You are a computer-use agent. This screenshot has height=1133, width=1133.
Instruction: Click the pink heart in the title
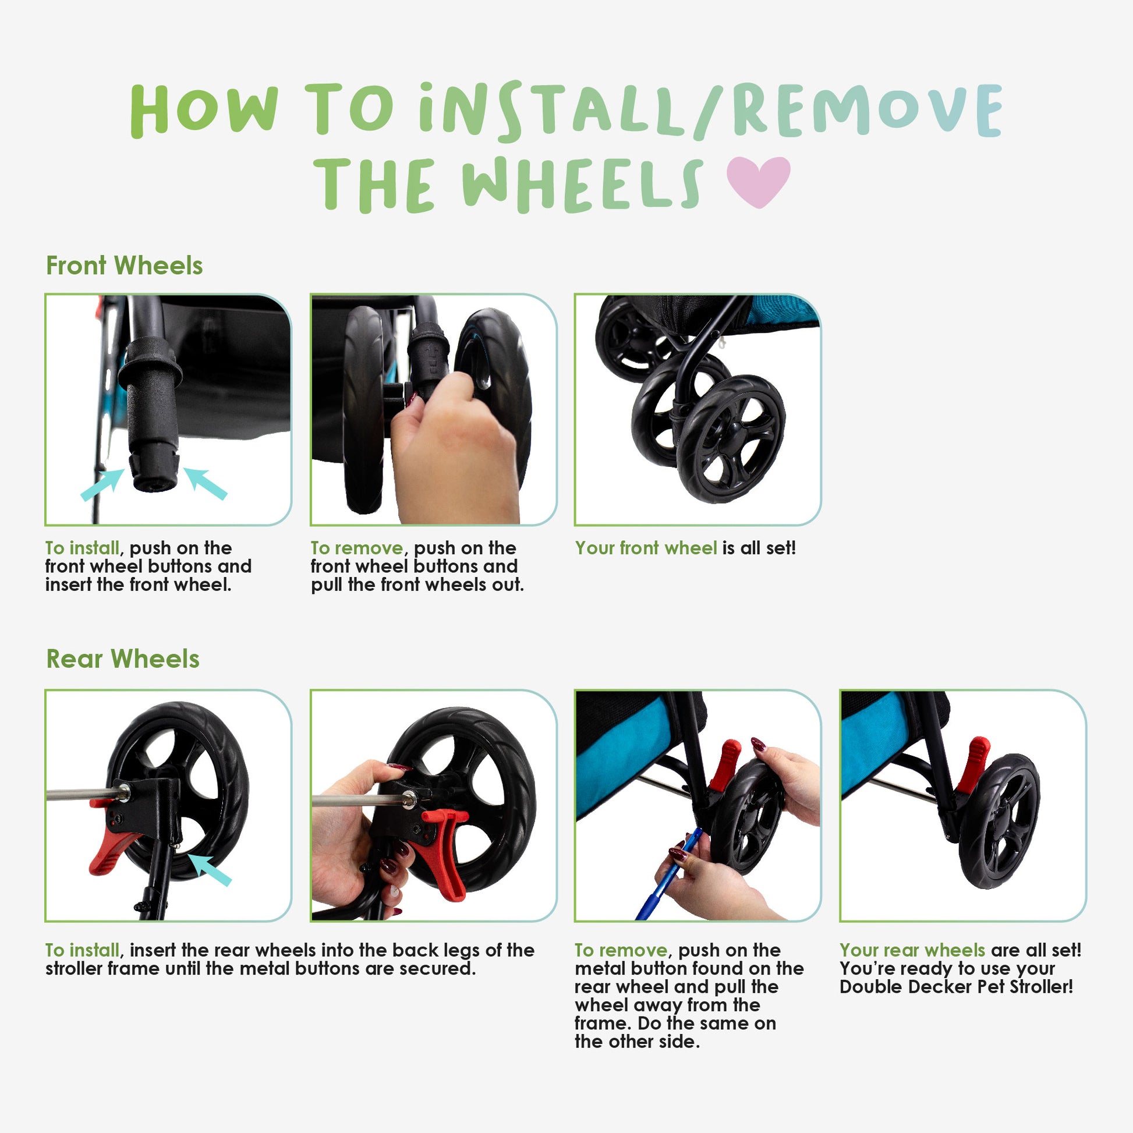[x=757, y=180]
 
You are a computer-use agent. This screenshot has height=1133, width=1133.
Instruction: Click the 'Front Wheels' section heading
[x=125, y=265]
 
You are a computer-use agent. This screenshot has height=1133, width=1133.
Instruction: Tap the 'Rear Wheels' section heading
[x=123, y=659]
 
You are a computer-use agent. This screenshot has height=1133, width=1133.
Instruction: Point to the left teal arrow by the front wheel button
[x=102, y=485]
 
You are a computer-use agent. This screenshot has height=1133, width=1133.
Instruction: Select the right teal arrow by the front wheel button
[x=206, y=483]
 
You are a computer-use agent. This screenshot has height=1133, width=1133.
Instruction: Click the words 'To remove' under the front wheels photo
[x=356, y=548]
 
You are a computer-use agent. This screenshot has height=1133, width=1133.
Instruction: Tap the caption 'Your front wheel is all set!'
[x=685, y=548]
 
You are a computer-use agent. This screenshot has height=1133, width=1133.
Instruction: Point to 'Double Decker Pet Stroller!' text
[x=956, y=987]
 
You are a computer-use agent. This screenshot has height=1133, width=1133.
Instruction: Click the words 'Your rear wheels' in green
[x=912, y=950]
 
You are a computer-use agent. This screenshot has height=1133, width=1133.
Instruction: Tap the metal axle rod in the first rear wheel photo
[x=82, y=795]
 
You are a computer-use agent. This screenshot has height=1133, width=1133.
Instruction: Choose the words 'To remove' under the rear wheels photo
[x=621, y=950]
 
